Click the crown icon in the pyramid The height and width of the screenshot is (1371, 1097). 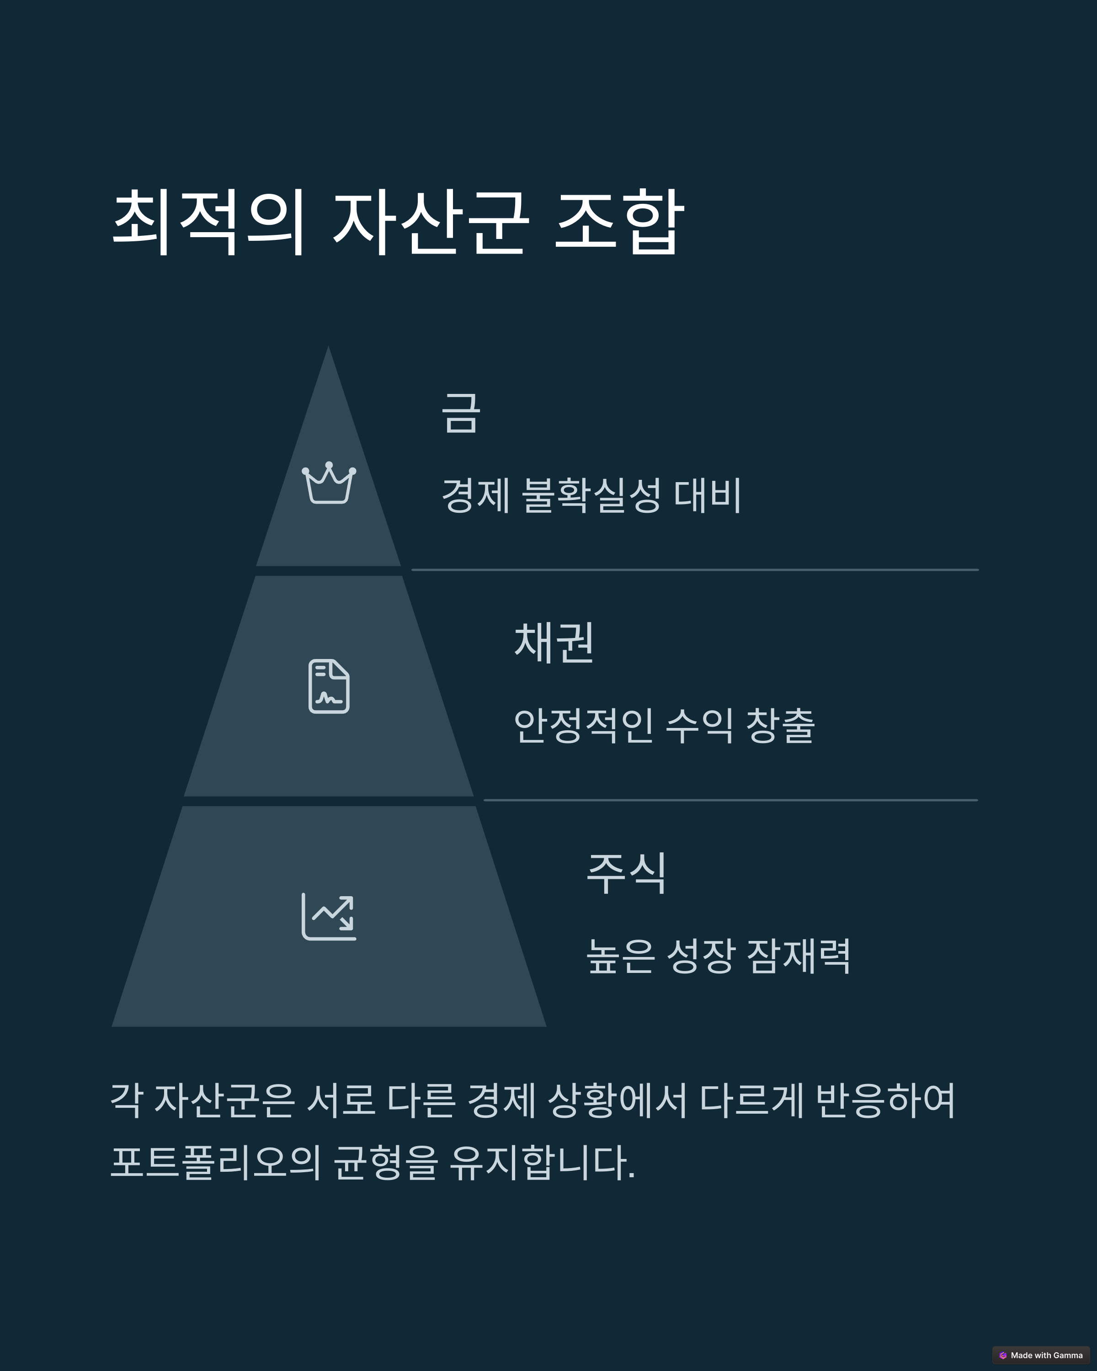(x=329, y=484)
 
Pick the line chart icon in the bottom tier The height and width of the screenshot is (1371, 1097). (x=329, y=916)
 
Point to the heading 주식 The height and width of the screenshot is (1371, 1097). (x=626, y=873)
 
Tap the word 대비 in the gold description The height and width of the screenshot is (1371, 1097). (x=707, y=495)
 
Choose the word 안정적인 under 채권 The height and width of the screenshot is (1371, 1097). (x=583, y=726)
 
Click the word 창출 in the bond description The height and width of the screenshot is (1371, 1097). (x=780, y=726)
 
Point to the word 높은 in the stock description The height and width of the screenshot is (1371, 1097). (x=620, y=956)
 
